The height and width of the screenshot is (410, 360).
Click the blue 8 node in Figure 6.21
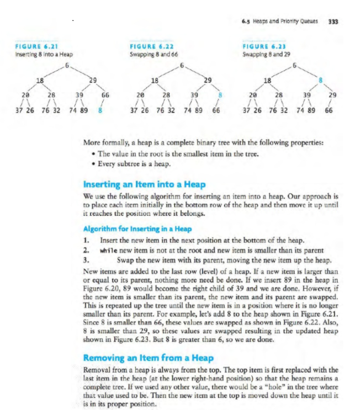pyautogui.click(x=100, y=110)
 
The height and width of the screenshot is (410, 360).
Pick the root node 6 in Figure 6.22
pyautogui.click(x=182, y=66)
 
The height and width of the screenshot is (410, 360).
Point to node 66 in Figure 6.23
pyautogui.click(x=329, y=110)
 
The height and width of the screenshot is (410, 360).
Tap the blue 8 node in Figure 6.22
pyautogui.click(x=219, y=95)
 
